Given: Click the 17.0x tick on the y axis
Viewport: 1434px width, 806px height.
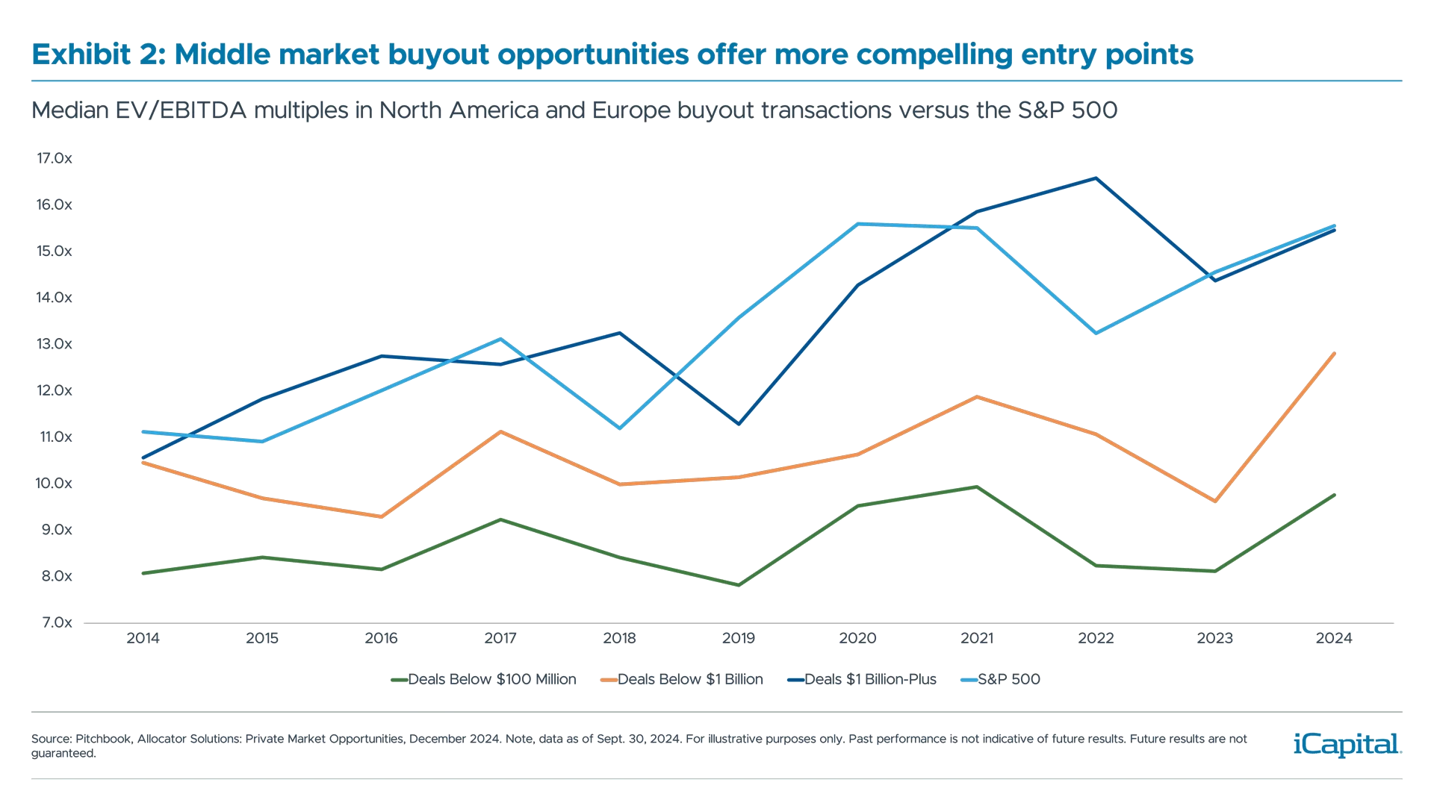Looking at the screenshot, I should pos(54,158).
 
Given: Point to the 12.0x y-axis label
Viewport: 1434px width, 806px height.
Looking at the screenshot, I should pos(54,390).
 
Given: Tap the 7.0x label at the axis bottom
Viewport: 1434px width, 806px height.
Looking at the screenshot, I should pos(57,622).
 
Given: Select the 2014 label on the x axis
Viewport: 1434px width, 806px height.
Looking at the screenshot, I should pos(143,638).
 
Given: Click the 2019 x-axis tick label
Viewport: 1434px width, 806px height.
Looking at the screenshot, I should pos(739,638).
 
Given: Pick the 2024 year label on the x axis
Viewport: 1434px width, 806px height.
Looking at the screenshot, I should pos(1334,638).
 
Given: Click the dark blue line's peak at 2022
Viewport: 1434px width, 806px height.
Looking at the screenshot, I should pos(1096,178).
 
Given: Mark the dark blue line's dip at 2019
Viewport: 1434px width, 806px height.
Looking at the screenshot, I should pos(739,424).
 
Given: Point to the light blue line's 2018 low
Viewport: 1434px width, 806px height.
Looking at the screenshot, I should pos(620,428).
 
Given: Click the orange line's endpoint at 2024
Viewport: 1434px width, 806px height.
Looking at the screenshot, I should pos(1334,352).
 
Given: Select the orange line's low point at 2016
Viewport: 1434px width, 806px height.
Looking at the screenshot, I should pos(382,516).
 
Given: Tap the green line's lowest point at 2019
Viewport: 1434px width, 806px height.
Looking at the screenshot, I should pos(739,584).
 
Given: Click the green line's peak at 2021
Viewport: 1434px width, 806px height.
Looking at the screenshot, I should pos(977,487).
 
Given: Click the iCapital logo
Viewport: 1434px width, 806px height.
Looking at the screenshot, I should pos(1345,744).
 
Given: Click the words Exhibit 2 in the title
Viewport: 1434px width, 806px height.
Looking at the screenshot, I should pos(98,54).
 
